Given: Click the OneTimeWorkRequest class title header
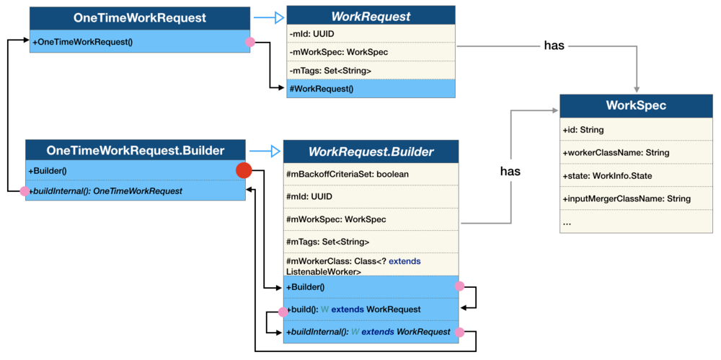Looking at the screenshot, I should (140, 17).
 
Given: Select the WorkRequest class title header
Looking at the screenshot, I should (371, 16).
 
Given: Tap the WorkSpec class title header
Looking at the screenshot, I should (635, 105).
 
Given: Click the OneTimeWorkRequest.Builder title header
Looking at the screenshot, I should (135, 151).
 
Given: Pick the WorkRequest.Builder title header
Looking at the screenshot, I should (371, 152).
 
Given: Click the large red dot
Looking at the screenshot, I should (244, 171).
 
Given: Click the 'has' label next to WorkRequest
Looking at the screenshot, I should (554, 46).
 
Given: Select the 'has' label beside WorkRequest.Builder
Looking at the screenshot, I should (510, 172).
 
